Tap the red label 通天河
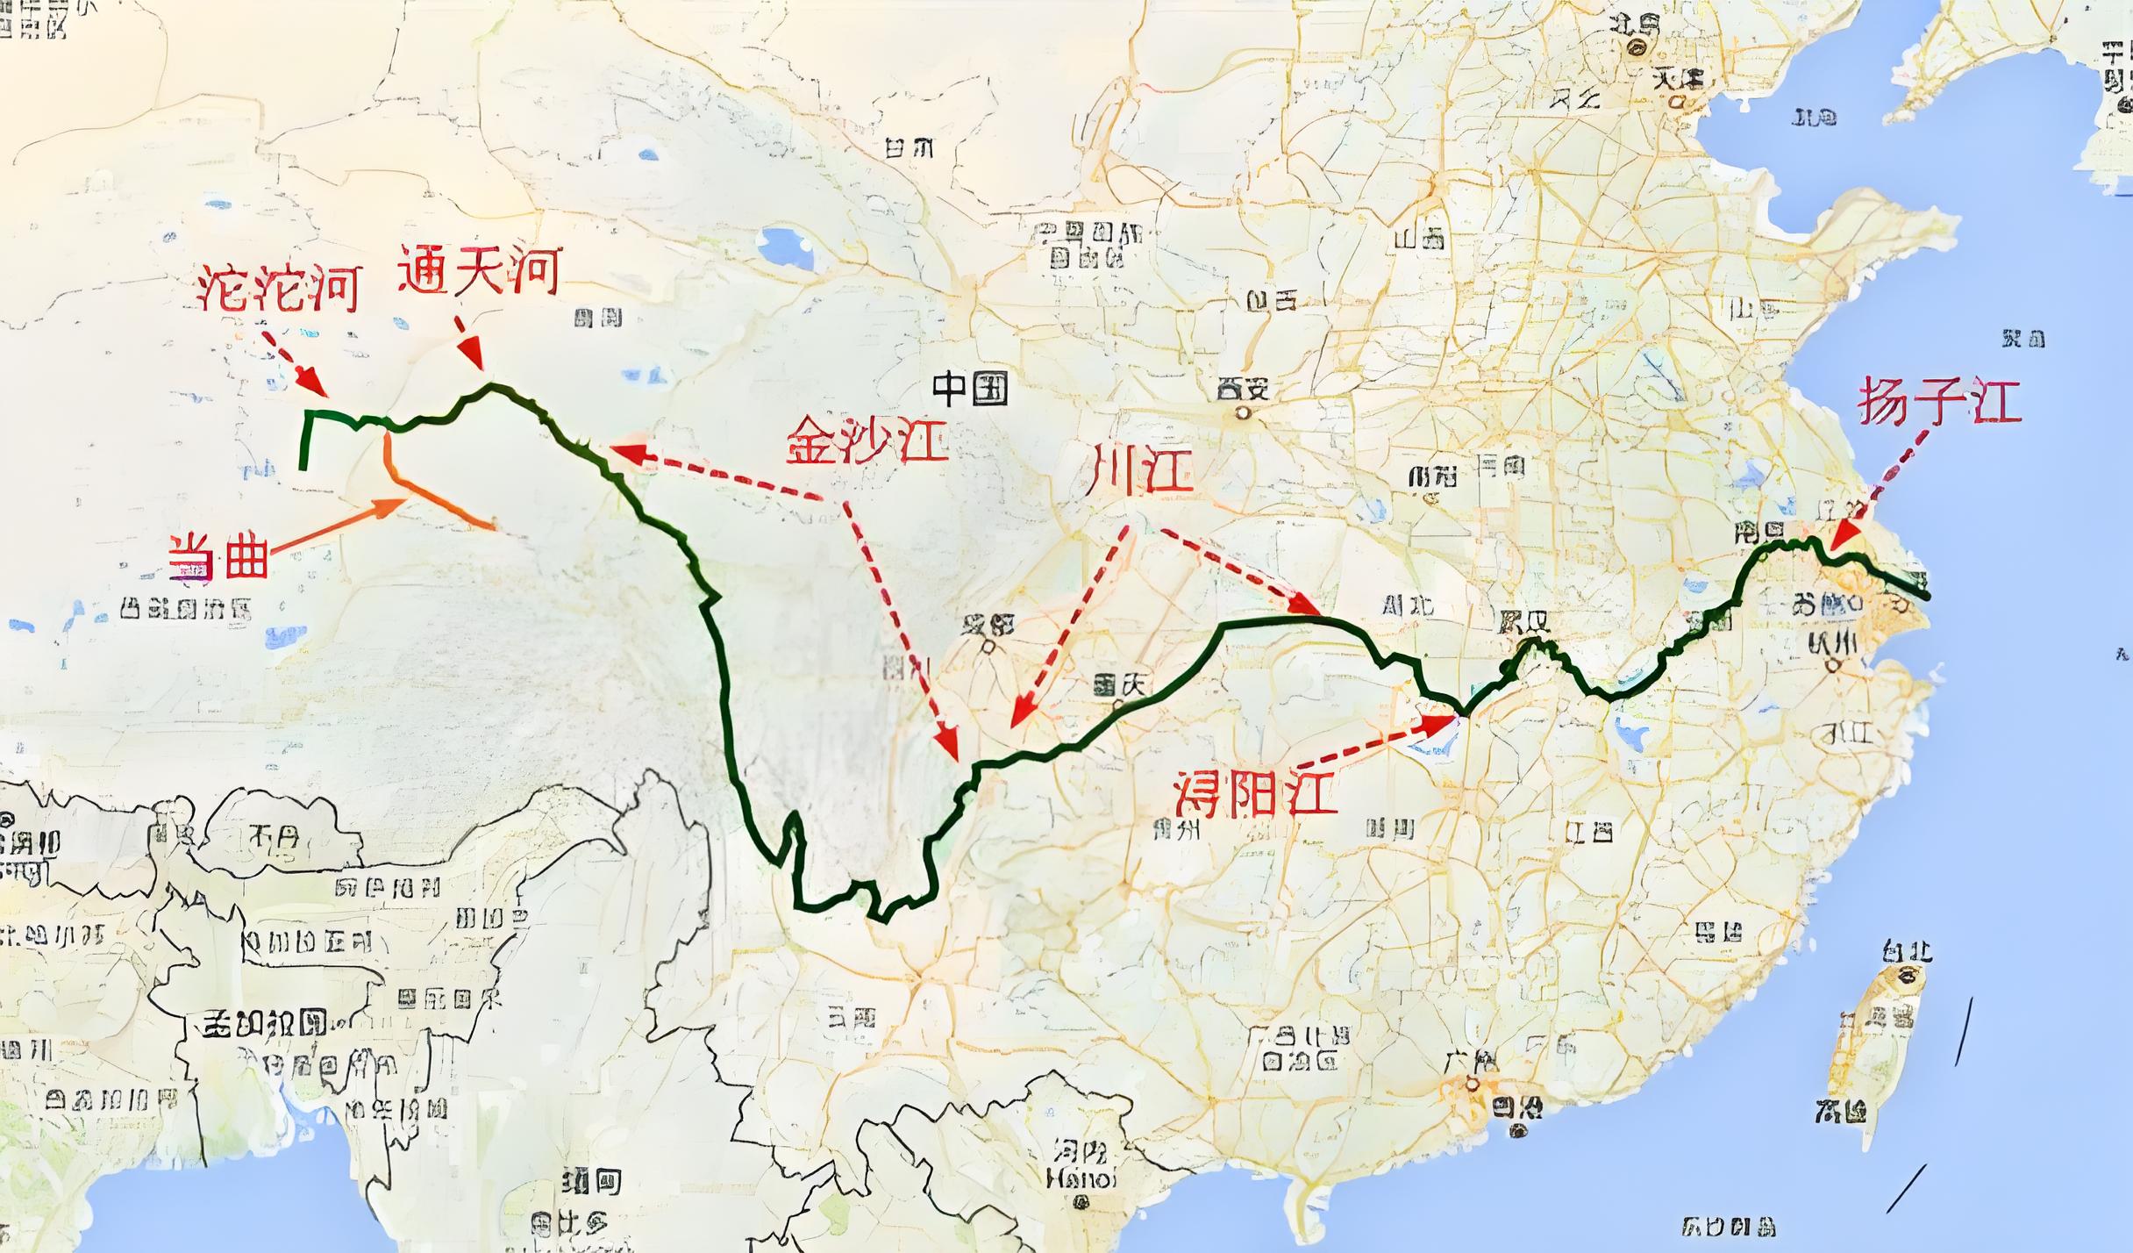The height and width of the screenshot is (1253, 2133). [479, 269]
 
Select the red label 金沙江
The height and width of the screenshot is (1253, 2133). [867, 439]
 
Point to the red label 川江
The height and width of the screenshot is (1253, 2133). [1139, 469]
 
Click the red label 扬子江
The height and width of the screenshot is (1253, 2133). [1938, 402]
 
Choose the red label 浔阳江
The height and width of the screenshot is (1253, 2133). [1255, 795]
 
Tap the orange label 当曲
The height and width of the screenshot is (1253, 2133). [219, 556]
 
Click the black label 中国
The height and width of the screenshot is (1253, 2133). [969, 387]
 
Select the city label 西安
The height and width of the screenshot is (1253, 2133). [1243, 388]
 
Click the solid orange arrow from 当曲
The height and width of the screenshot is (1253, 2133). [338, 526]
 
